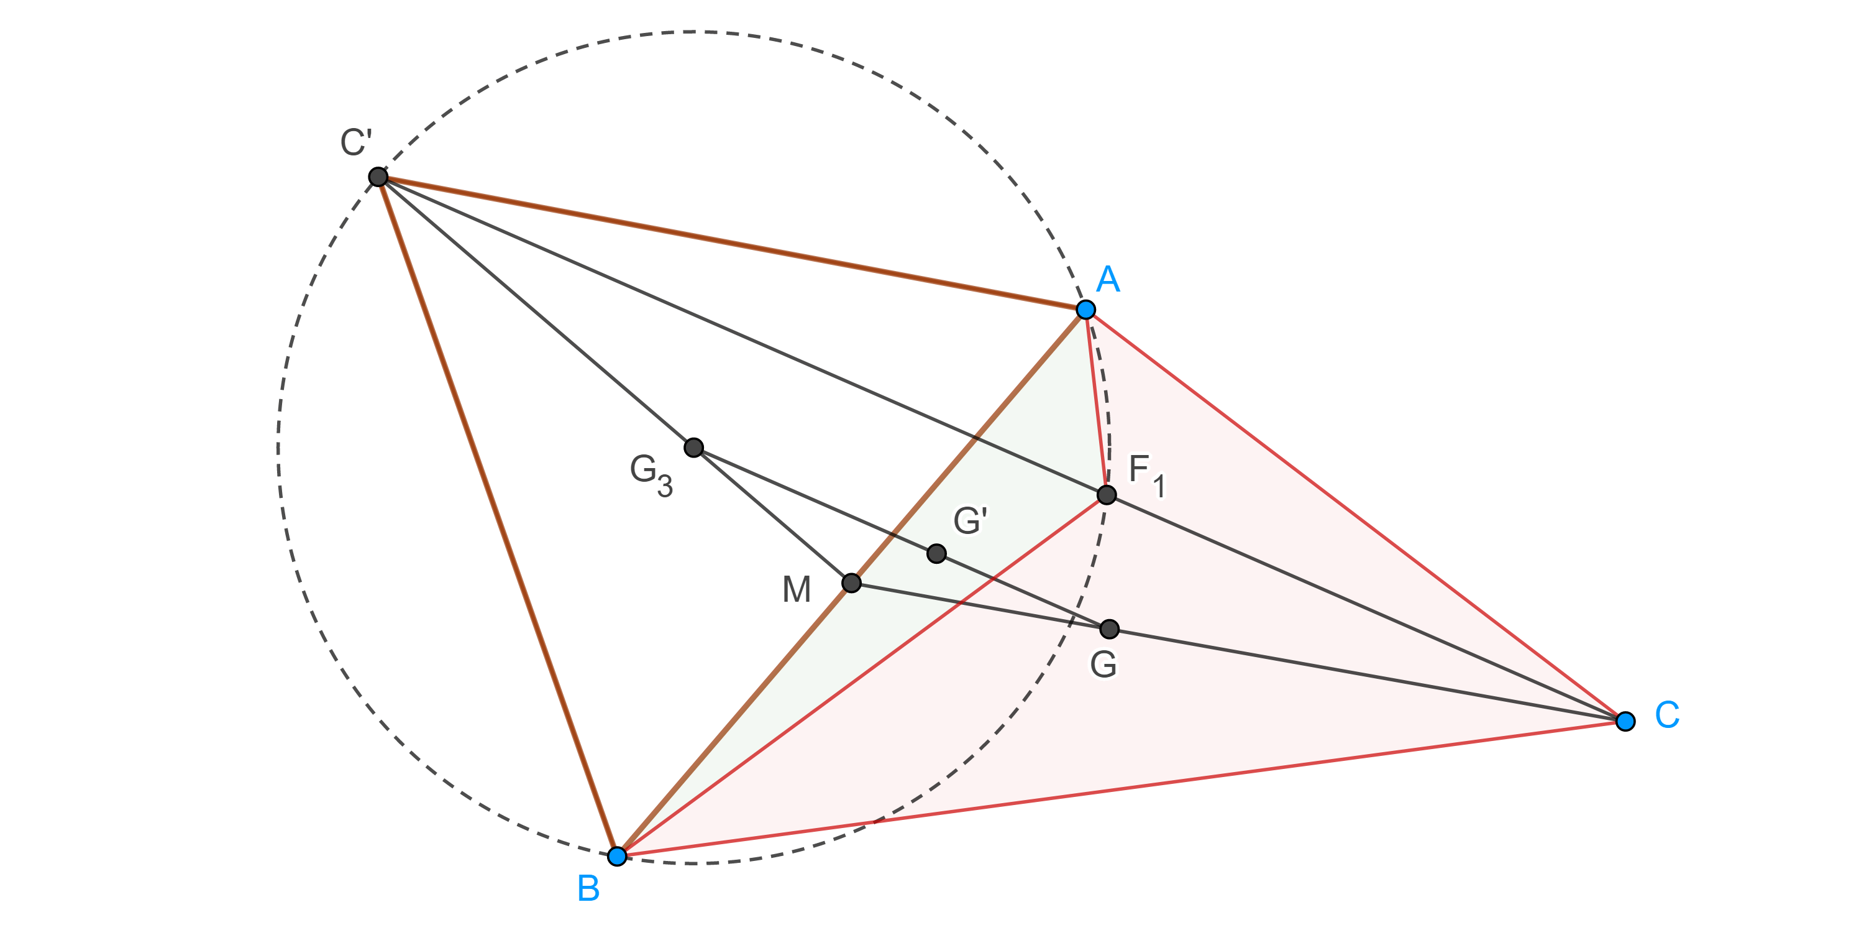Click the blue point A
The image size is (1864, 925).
tap(1085, 310)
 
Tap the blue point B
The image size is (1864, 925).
tap(616, 856)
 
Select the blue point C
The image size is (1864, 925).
tap(1625, 721)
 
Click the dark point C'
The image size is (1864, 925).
tap(378, 177)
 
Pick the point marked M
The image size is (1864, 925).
tap(851, 582)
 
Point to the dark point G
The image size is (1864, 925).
tap(1108, 629)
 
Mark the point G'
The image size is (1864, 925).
tap(936, 554)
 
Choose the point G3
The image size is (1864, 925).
tap(693, 448)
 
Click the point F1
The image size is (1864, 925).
tap(1107, 495)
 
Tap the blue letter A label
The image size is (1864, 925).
tap(1108, 279)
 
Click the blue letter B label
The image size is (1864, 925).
tap(588, 889)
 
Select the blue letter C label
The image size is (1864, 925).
tap(1667, 715)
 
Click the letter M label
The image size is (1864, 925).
tap(797, 590)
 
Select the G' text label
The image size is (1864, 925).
tap(971, 521)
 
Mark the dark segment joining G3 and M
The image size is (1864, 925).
tap(773, 515)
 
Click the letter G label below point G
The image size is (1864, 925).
tap(1103, 665)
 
